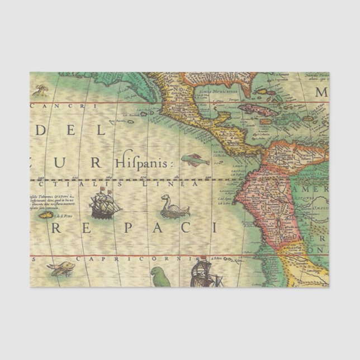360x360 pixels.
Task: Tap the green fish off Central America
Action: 192,160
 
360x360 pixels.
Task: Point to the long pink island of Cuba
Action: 260,108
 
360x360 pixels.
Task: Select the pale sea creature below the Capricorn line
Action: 60,269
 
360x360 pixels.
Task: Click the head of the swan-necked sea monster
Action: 165,197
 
